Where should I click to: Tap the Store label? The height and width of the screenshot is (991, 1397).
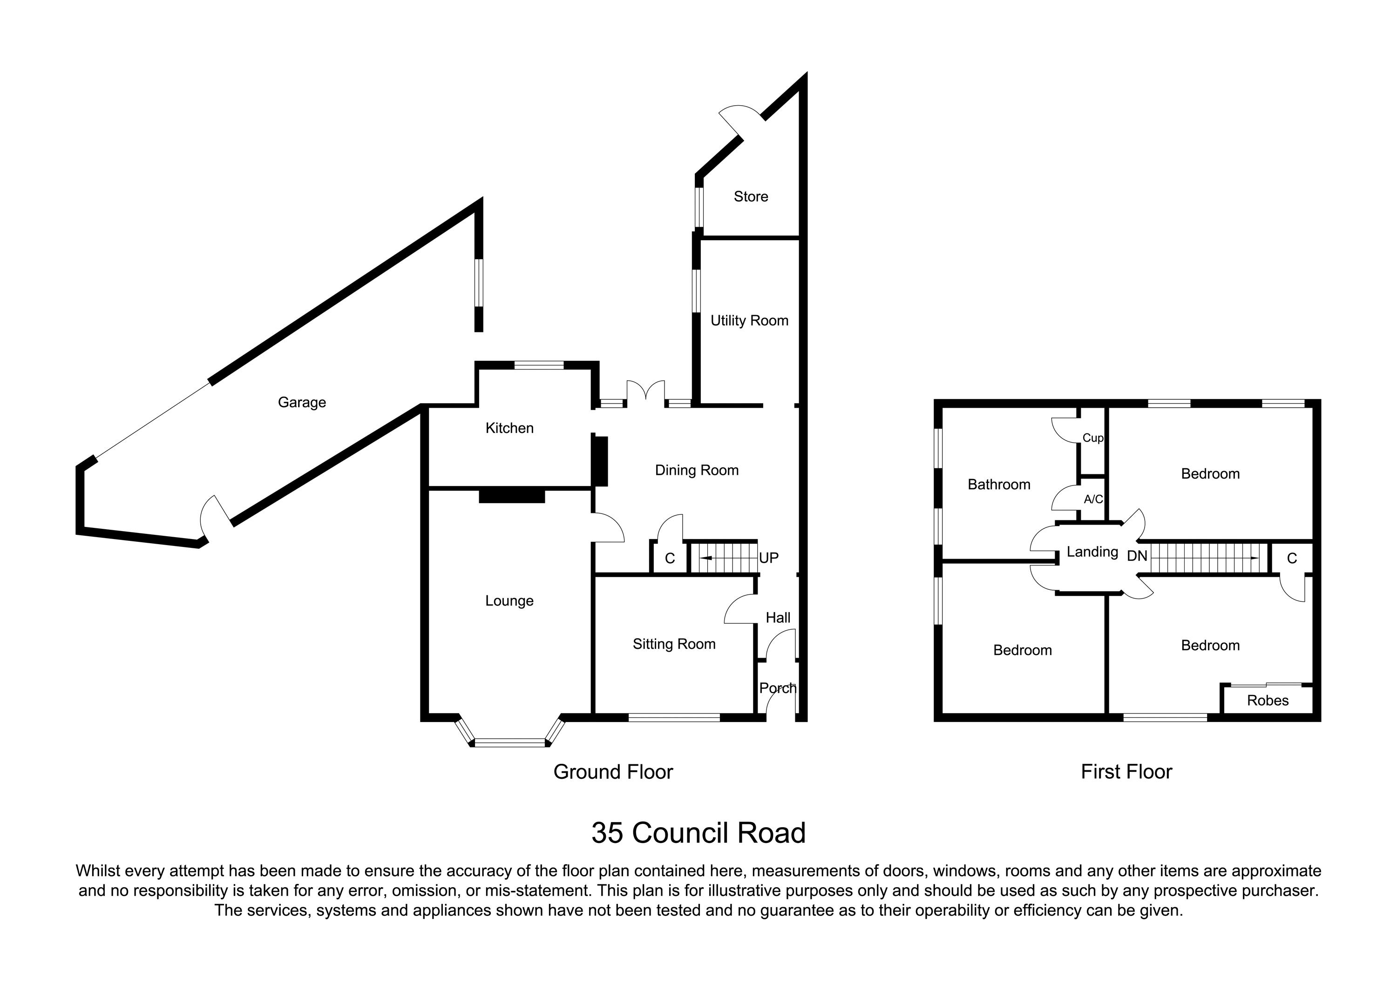(x=750, y=196)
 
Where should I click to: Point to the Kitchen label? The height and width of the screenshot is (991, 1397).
(x=509, y=428)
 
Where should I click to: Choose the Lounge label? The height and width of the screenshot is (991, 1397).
(x=509, y=600)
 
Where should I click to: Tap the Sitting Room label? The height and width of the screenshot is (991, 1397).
(x=674, y=644)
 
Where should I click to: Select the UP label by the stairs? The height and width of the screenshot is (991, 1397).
(x=768, y=558)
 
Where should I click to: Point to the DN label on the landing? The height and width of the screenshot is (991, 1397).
(x=1137, y=556)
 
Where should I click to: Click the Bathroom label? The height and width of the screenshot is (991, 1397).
(x=998, y=485)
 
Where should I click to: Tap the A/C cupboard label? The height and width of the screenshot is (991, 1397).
(x=1093, y=499)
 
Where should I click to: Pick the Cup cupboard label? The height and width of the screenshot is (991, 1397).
(x=1092, y=438)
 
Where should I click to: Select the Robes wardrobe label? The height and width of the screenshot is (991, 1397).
(x=1268, y=701)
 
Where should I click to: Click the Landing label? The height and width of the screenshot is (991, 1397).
(x=1092, y=552)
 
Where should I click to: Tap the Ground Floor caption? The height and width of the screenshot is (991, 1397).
(x=613, y=772)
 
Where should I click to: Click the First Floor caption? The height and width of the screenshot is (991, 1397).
(x=1126, y=772)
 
